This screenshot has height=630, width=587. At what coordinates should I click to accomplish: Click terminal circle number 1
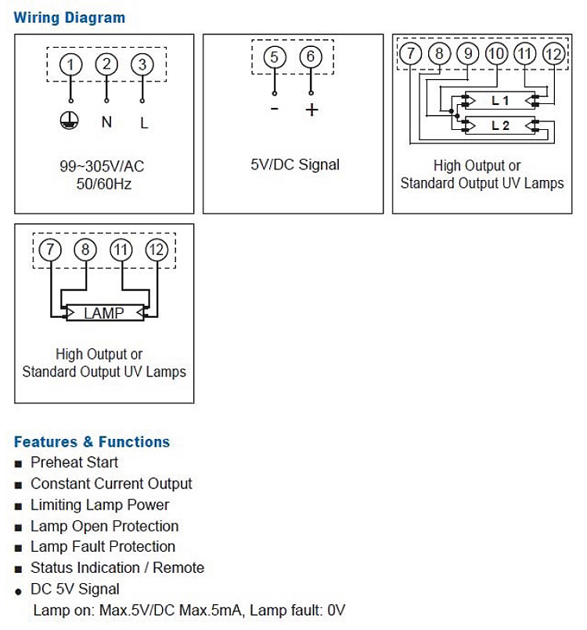pyautogui.click(x=71, y=64)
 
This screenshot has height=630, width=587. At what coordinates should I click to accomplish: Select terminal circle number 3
pyautogui.click(x=142, y=64)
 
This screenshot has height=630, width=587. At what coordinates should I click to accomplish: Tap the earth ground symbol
pyautogui.click(x=70, y=121)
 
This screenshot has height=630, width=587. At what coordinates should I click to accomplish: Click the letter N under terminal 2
pyautogui.click(x=106, y=122)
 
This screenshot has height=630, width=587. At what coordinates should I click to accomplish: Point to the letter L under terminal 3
pyautogui.click(x=143, y=122)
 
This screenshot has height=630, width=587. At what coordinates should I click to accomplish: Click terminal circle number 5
pyautogui.click(x=274, y=57)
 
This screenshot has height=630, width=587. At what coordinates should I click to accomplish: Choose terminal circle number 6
pyautogui.click(x=311, y=57)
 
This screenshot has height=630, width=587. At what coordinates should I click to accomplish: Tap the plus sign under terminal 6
pyautogui.click(x=312, y=110)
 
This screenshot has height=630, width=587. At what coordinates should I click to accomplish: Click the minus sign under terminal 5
pyautogui.click(x=274, y=109)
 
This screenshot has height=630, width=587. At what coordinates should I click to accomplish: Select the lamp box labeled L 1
pyautogui.click(x=500, y=101)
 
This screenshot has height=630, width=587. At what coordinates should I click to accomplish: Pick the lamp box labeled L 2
pyautogui.click(x=500, y=125)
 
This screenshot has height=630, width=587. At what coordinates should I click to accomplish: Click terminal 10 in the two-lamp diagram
pyautogui.click(x=496, y=53)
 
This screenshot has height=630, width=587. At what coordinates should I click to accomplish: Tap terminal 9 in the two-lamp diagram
pyautogui.click(x=468, y=53)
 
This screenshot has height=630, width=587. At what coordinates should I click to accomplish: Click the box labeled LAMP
pyautogui.click(x=103, y=313)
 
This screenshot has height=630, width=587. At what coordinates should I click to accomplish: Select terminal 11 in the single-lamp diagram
pyautogui.click(x=121, y=250)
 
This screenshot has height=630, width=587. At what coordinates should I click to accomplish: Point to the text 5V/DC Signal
pyautogui.click(x=295, y=165)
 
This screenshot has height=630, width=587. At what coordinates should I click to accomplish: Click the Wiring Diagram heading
pyautogui.click(x=69, y=17)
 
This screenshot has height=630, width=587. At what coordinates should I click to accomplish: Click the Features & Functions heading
pyautogui.click(x=92, y=441)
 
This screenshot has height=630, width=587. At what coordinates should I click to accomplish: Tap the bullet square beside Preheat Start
pyautogui.click(x=19, y=463)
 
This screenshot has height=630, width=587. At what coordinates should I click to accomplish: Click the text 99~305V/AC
pyautogui.click(x=102, y=167)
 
